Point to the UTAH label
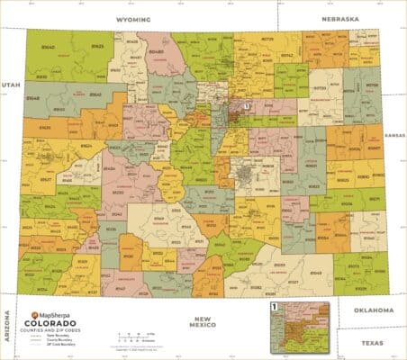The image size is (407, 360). pyautogui.click(x=10, y=84)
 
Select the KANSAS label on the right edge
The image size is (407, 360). pyautogui.click(x=395, y=134)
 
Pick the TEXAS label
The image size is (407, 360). pyautogui.click(x=372, y=343)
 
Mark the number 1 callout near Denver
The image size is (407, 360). pyautogui.click(x=245, y=106)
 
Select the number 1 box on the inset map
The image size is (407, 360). pyautogui.click(x=274, y=307)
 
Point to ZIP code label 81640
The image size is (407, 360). pyautogui.click(x=45, y=47)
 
